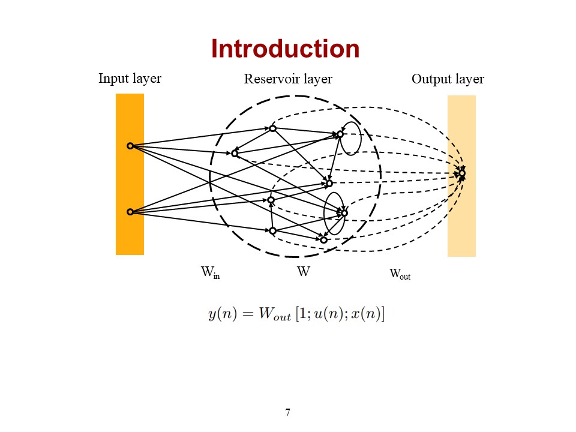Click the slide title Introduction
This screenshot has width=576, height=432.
click(x=285, y=49)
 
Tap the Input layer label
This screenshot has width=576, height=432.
click(x=130, y=79)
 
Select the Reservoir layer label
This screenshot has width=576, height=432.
click(x=288, y=79)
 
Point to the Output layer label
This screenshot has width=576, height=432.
click(x=448, y=79)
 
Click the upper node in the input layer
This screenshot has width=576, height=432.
click(x=130, y=146)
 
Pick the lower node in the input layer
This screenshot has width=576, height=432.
click(x=130, y=212)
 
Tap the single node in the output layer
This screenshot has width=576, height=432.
click(x=461, y=173)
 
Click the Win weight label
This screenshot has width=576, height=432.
click(x=210, y=272)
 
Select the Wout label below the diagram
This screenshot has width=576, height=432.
click(x=400, y=274)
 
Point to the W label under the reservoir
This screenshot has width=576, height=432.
click(x=304, y=272)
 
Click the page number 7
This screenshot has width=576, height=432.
click(x=288, y=412)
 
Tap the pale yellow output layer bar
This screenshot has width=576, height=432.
click(x=461, y=228)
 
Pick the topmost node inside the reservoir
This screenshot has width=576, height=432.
click(x=272, y=128)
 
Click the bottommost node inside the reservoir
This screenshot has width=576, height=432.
click(x=323, y=240)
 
